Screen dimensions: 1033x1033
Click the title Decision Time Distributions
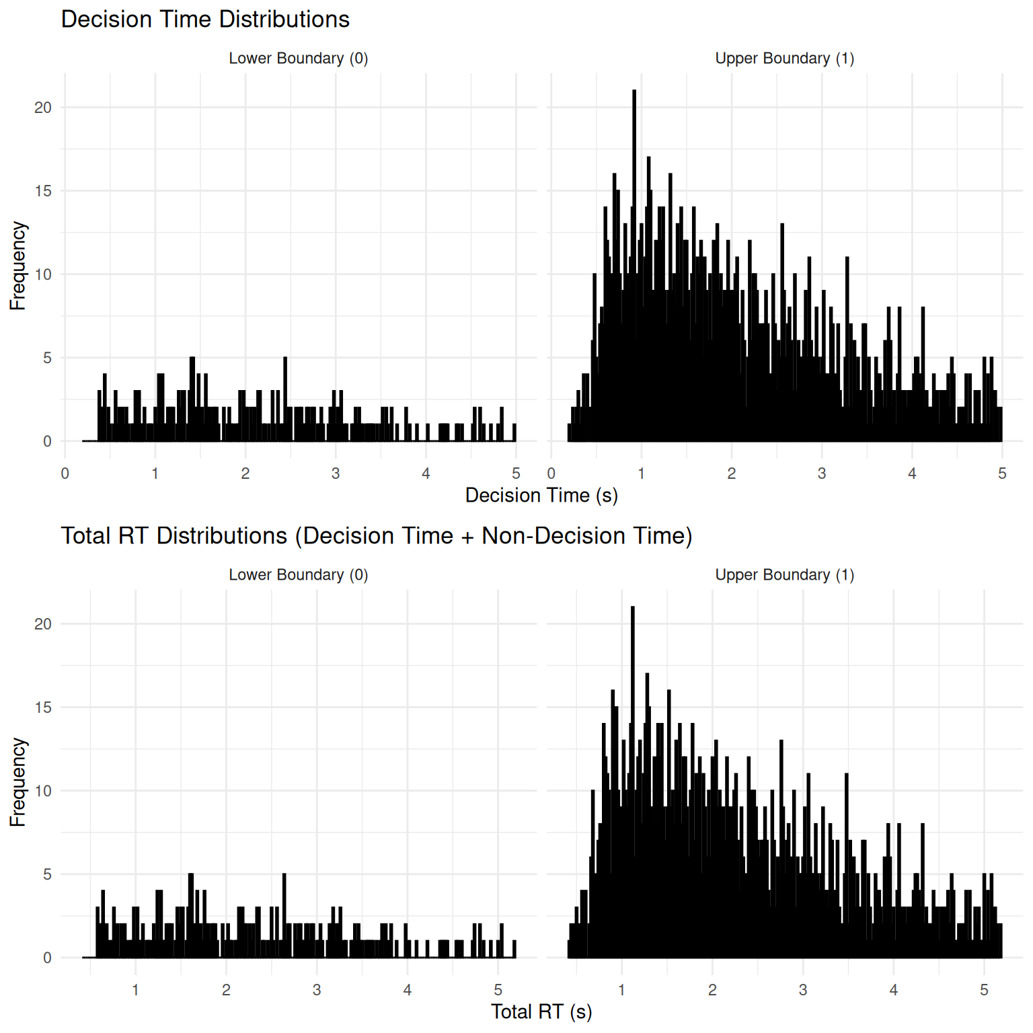coord(205,20)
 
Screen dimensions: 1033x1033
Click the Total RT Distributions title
coord(377,536)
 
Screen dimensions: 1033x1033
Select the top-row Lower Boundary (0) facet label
coord(299,59)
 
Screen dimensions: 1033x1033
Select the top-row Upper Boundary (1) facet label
coord(785,59)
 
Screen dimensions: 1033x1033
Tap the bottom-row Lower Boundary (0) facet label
coord(299,575)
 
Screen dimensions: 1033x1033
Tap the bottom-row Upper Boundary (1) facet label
coord(785,575)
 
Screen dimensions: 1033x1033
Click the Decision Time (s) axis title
coord(541,496)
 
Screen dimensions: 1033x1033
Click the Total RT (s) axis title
coord(541,1012)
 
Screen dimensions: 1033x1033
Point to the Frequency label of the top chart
coord(18,266)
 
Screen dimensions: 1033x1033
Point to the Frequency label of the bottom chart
coord(18,782)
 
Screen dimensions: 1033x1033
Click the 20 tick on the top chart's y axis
coord(43,108)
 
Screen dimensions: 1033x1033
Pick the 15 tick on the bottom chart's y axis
coord(43,707)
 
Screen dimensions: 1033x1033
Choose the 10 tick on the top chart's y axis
coord(43,274)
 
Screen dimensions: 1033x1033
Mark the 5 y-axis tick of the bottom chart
coord(47,874)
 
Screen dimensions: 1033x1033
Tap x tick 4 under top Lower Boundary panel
coord(426,473)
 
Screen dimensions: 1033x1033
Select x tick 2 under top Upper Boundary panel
coord(732,473)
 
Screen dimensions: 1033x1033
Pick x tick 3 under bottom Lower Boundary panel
coord(317,990)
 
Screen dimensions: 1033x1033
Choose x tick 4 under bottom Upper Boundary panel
coord(894,990)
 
